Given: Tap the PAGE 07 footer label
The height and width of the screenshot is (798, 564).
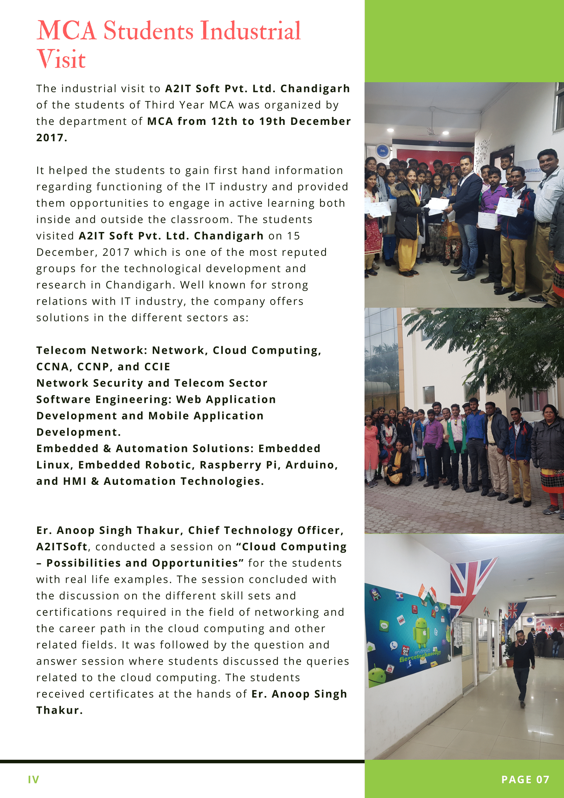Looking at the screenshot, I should (525, 780).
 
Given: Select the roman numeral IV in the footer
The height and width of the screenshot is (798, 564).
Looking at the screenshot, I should (33, 780).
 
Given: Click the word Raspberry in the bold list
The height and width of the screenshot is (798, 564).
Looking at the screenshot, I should (230, 465).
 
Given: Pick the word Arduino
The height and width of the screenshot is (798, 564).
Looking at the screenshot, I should (311, 465).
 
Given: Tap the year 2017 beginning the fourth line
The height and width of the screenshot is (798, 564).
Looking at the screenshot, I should (51, 137).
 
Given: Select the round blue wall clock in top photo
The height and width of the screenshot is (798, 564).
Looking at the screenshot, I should (383, 151).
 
